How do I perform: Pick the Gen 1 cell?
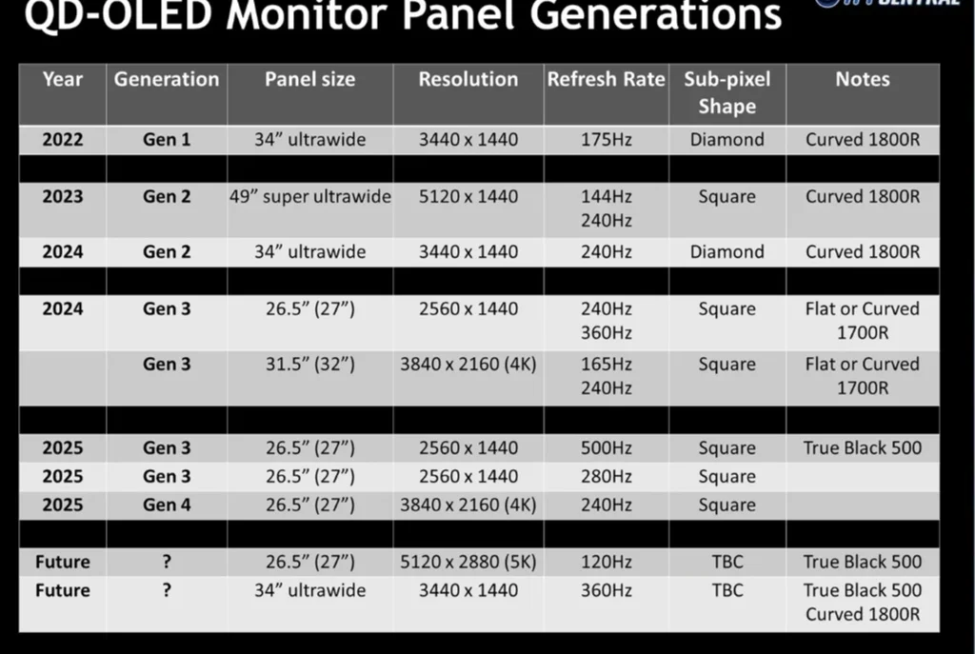pos(167,140)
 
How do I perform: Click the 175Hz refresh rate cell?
pos(607,140)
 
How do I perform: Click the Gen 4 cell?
pos(167,505)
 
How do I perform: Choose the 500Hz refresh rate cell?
pos(607,448)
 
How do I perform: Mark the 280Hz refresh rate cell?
pos(607,477)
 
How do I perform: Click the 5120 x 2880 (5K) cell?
pos(468,562)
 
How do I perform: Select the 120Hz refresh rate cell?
pos(607,562)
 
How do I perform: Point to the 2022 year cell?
pos(62,140)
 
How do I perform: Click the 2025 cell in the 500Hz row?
pos(62,448)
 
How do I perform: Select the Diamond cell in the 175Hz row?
pos(726,140)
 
